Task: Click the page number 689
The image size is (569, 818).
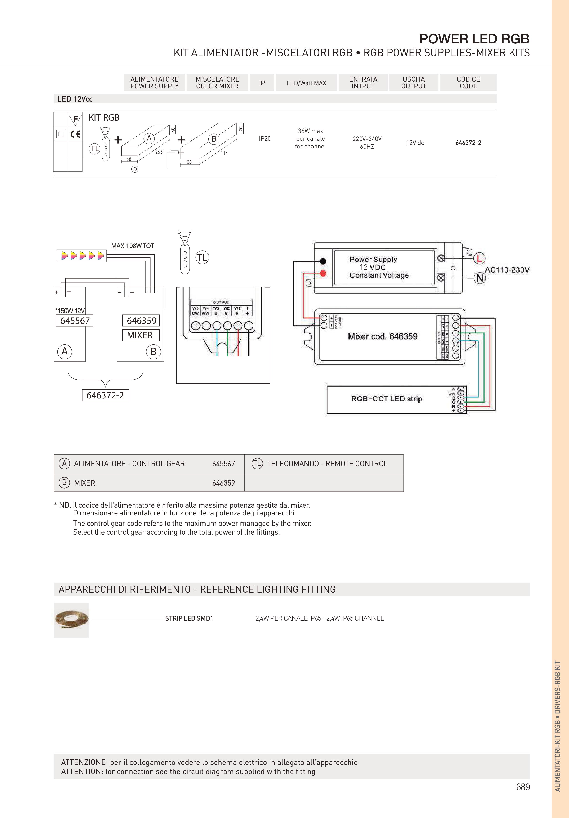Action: point(523,787)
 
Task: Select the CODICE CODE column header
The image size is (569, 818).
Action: point(468,83)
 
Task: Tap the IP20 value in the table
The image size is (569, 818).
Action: point(265,139)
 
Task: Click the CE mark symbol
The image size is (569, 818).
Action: point(75,134)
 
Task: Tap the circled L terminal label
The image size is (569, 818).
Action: point(480,258)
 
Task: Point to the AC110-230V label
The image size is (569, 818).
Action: point(507,270)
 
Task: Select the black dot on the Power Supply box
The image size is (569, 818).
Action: point(323,261)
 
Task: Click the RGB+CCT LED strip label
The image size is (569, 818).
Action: point(387,399)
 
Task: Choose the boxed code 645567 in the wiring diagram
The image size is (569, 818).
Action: point(75,321)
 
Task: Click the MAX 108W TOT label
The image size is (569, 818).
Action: point(133,246)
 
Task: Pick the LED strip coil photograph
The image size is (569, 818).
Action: point(71,620)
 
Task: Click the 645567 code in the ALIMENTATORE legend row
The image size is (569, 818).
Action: point(223,464)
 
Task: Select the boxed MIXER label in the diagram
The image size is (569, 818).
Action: point(140,335)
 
